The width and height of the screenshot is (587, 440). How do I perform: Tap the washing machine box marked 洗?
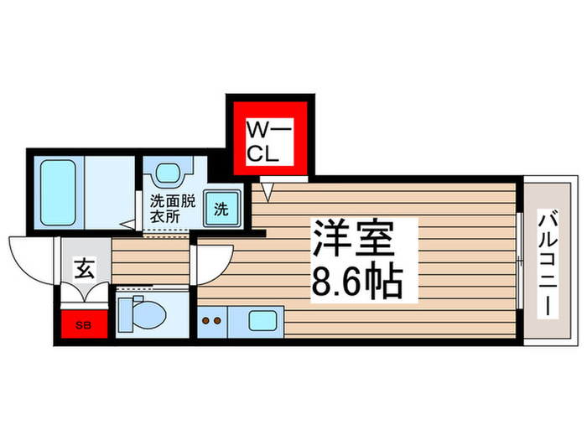click(x=221, y=209)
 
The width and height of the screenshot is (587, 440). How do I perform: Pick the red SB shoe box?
click(x=84, y=323)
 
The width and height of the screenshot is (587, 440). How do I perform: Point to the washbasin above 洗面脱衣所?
click(x=169, y=173)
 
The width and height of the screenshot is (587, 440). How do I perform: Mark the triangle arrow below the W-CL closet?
click(x=268, y=192)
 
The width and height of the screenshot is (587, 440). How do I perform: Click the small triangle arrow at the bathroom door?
click(x=125, y=224)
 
